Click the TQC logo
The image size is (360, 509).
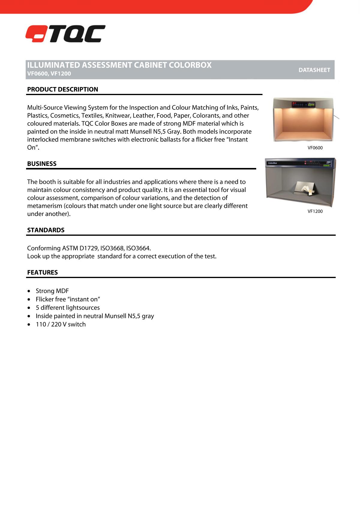65,34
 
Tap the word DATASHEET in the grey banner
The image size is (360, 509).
314,70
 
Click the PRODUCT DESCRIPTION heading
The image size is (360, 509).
62,89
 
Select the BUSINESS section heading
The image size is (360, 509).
42,164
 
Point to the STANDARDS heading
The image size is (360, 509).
46,230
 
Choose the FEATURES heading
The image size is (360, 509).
42,272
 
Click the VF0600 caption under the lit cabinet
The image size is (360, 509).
315,148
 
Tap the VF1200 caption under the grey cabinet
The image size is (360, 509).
315,211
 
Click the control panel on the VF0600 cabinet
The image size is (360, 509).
304,105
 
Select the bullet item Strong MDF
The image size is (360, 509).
52,291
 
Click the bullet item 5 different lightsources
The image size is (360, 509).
67,308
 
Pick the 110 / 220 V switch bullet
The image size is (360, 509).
61,325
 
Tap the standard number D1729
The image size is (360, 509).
88,248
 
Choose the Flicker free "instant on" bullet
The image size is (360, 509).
68,299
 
